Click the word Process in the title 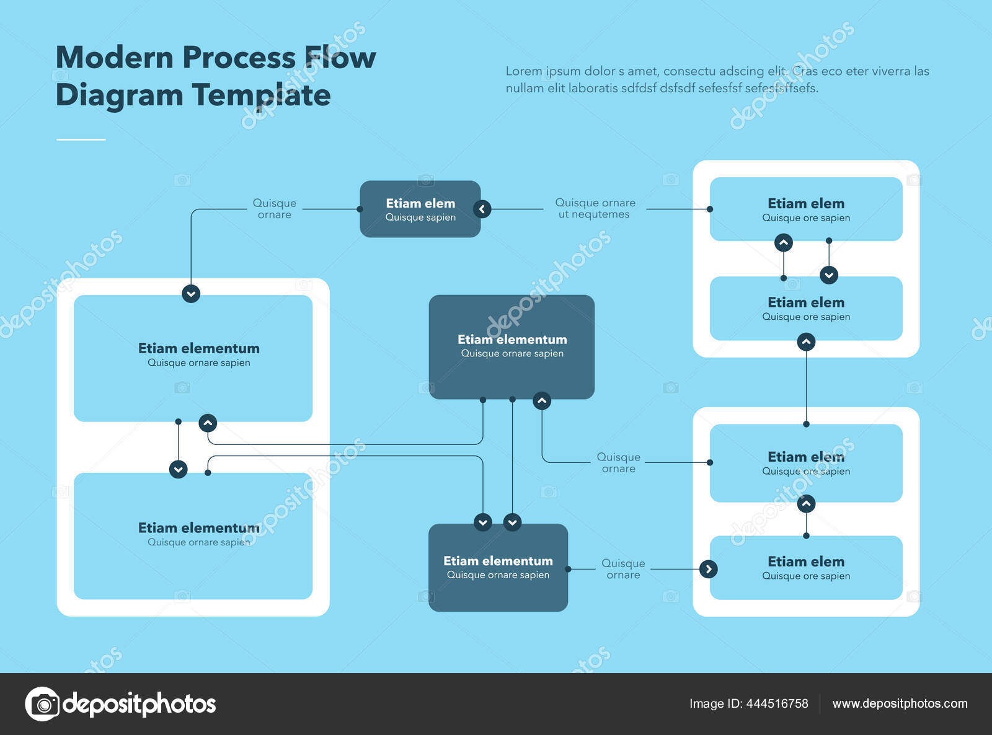tap(239, 58)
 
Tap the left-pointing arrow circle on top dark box tap(482, 209)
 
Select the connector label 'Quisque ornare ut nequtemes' tap(595, 208)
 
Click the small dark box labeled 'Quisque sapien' tap(420, 209)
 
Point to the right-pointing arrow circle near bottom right tap(709, 569)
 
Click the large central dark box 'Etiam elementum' tap(511, 346)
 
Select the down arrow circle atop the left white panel tap(191, 293)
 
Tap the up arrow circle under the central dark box tap(542, 401)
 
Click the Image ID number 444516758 tap(777, 703)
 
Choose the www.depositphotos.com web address tap(900, 703)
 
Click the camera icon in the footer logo tap(43, 704)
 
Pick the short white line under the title tap(81, 139)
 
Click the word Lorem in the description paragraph tap(523, 71)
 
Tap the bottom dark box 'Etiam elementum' tap(498, 568)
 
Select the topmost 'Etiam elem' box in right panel tap(805, 209)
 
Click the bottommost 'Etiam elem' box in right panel tap(805, 568)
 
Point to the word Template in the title tap(261, 95)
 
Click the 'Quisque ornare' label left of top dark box tap(274, 208)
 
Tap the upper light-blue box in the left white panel tap(193, 358)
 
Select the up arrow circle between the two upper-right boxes tap(784, 242)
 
